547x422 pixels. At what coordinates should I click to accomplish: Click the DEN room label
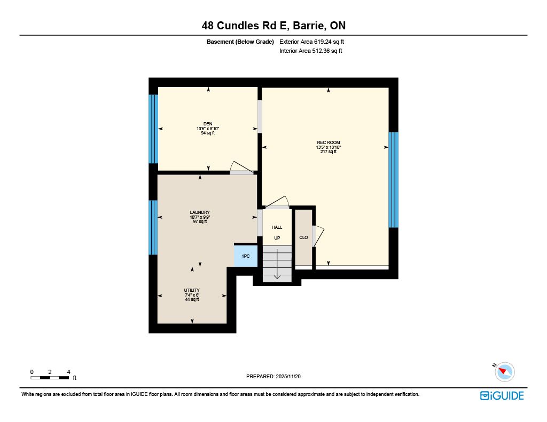208,124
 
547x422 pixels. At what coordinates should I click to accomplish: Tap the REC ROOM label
329,142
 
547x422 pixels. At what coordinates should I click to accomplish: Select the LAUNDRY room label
200,212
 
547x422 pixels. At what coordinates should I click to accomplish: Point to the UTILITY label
192,290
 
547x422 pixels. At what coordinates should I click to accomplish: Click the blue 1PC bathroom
246,256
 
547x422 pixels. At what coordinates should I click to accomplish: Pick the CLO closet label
303,237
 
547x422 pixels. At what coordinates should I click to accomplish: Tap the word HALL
277,227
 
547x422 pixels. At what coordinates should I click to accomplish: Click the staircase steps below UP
277,264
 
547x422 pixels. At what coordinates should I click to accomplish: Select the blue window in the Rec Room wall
394,180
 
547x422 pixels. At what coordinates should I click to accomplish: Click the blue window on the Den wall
153,129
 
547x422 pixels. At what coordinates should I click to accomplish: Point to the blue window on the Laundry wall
153,228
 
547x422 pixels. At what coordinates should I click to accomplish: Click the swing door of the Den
242,168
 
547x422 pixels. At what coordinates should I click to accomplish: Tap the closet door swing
318,236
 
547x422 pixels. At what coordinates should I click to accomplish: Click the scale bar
50,378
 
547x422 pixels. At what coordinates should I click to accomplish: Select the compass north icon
504,371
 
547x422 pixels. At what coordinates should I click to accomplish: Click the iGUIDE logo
502,395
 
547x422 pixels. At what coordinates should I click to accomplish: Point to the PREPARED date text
273,376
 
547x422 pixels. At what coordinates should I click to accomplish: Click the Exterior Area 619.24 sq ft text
311,42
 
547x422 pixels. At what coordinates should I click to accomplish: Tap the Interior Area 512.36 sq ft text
310,51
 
